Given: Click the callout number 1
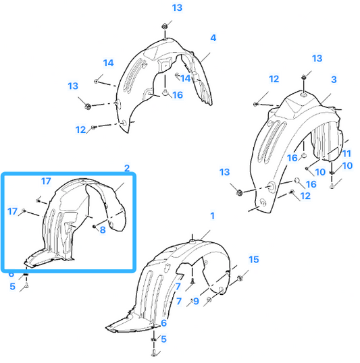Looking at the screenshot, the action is click(x=212, y=216).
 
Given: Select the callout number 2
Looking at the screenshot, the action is click(x=127, y=168).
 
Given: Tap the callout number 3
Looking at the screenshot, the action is click(x=334, y=80).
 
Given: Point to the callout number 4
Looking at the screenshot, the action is click(x=213, y=38).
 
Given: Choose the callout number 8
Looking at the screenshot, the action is click(x=103, y=230).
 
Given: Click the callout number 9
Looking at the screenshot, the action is click(x=196, y=301).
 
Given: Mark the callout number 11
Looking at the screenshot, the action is click(x=346, y=153).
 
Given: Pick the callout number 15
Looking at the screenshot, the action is click(x=253, y=260).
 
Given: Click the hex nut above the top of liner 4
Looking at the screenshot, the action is click(x=165, y=26).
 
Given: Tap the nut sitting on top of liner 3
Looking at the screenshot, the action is click(x=304, y=77).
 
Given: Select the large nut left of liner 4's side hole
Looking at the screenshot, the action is click(x=88, y=106).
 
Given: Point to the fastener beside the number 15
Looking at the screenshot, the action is click(x=240, y=277).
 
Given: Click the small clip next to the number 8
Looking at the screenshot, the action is click(x=95, y=226).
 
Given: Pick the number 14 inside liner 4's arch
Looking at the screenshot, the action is click(x=186, y=78).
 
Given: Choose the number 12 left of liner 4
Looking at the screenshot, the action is click(x=80, y=130).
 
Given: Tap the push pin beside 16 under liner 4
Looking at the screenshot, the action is click(x=165, y=92).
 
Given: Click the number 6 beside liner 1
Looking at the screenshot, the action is click(x=163, y=323).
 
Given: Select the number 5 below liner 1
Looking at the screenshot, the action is click(x=163, y=339).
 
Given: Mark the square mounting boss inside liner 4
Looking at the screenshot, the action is click(x=165, y=64).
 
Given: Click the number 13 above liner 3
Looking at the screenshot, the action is click(x=317, y=58).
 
